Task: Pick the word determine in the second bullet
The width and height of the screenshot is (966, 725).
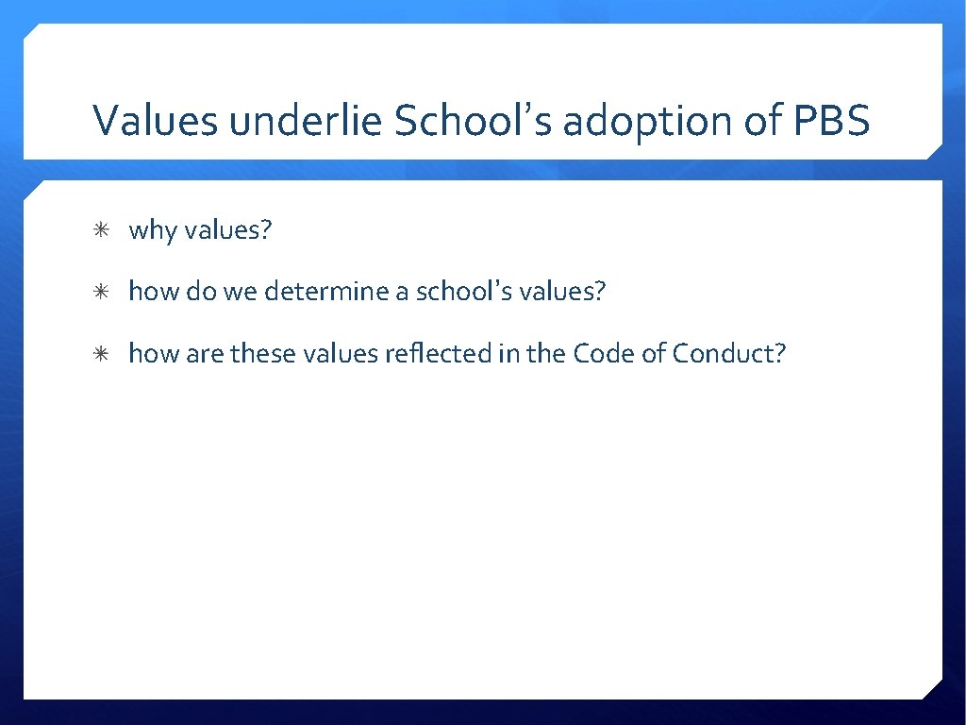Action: click(x=326, y=292)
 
